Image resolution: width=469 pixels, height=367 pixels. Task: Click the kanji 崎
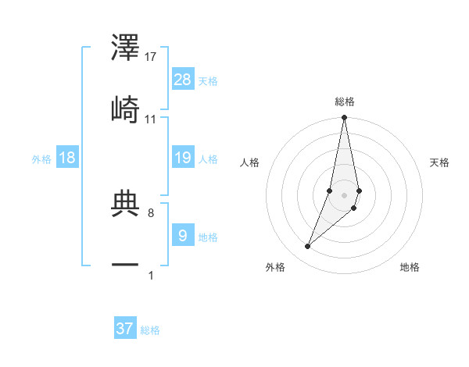[126, 110]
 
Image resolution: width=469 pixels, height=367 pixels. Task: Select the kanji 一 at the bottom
[126, 265]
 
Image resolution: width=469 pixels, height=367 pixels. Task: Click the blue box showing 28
[183, 80]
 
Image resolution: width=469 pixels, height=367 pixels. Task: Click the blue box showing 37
[125, 329]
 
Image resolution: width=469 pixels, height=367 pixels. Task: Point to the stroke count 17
[151, 57]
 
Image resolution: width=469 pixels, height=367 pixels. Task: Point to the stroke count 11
[151, 119]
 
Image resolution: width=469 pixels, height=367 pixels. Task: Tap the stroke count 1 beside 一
[151, 275]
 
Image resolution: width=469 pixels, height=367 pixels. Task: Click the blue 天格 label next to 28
[208, 80]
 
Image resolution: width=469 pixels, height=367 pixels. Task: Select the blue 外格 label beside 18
[41, 159]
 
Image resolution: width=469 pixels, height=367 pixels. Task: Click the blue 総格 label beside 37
[150, 330]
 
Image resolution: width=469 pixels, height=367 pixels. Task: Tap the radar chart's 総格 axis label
[345, 102]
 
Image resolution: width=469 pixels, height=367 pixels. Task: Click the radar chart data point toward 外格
[308, 247]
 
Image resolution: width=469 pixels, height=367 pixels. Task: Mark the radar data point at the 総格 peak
[344, 118]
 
